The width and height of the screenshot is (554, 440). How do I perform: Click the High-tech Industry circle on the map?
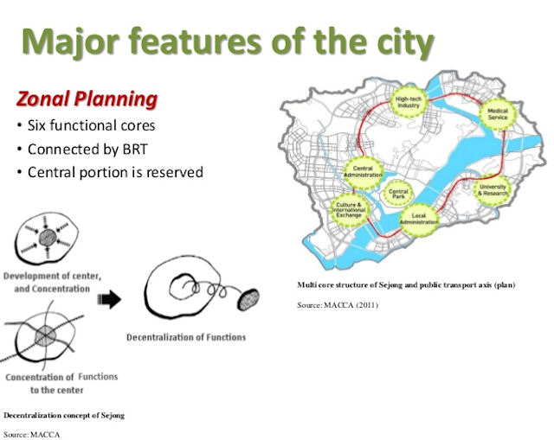coord(409,102)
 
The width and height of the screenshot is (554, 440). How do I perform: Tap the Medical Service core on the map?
coord(498,114)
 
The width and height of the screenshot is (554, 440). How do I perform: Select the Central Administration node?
coord(363,172)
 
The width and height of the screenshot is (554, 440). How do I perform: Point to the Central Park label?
coord(398,194)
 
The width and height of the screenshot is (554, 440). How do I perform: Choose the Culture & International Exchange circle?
coord(349,209)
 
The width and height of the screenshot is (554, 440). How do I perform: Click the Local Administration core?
coord(419,219)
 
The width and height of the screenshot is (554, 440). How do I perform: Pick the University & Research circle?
coord(493,190)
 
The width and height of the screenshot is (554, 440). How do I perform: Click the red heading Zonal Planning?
coord(87,99)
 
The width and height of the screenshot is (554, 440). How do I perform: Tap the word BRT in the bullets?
coord(135,149)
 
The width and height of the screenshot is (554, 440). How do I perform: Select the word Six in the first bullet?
coord(36,125)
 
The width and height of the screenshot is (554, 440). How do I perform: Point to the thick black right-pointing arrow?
coord(109,299)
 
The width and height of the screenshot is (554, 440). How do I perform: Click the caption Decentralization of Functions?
coord(186,337)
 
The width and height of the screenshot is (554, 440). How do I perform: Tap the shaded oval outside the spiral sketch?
coord(248,299)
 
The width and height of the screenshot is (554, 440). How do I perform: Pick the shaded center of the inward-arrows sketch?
coord(48,238)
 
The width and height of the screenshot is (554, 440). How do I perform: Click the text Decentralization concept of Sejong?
coord(64,415)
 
